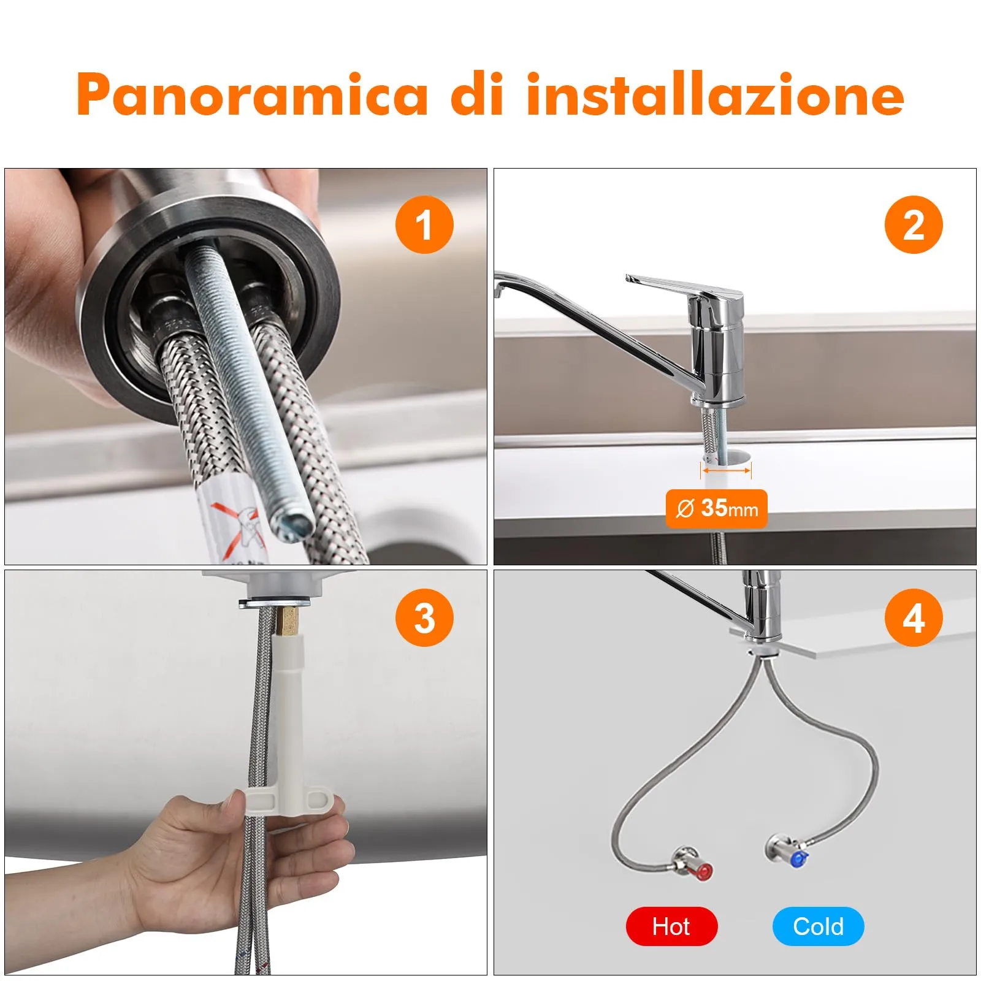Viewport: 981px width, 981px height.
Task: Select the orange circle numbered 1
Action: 424,224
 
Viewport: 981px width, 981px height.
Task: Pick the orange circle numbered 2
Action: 914,224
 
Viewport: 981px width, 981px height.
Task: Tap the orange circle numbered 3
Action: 424,617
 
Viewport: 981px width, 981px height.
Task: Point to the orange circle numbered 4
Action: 914,617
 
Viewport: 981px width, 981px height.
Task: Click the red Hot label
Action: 671,926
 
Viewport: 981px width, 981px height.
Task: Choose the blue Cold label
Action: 818,926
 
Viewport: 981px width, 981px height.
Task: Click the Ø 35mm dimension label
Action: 716,508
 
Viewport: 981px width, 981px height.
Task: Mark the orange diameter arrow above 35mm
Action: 726,471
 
